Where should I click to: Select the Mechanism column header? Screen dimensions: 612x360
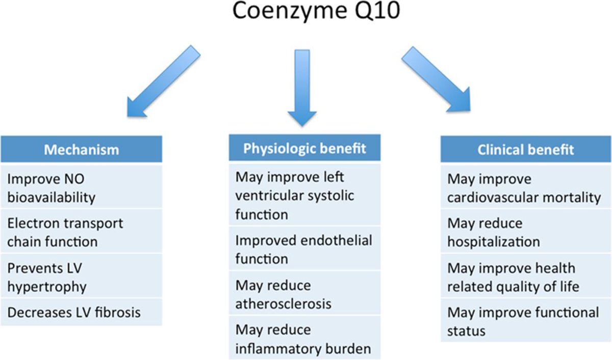81,149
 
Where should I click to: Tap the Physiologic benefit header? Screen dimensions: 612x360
304,148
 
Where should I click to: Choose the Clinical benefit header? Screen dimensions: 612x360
525,149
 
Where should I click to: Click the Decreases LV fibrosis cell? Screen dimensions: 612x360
81,312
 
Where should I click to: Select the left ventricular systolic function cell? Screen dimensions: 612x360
304,195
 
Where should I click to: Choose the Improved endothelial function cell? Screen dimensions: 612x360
304,248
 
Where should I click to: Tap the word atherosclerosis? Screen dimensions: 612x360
283,303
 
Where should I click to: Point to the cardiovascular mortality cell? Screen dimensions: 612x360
525,188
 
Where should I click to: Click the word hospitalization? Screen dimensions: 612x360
493,241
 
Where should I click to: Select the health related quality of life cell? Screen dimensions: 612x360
525,277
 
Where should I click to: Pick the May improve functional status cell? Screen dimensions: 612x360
525,321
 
